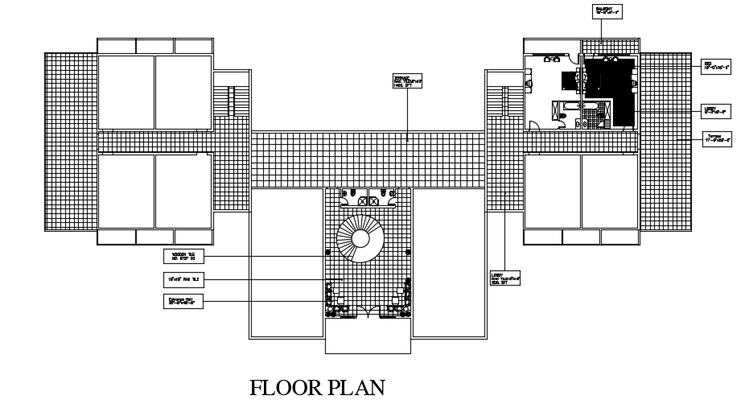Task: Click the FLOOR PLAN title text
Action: pyautogui.click(x=317, y=388)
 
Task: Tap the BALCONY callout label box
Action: pyautogui.click(x=607, y=10)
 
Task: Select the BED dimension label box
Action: pyautogui.click(x=716, y=66)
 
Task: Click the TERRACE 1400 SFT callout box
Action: pyautogui.click(x=407, y=81)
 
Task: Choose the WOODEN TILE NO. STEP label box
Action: pyautogui.click(x=184, y=257)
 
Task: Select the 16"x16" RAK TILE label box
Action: pyautogui.click(x=184, y=279)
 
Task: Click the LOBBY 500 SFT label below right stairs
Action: pyautogui.click(x=505, y=278)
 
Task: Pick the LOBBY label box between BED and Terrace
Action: pyautogui.click(x=716, y=110)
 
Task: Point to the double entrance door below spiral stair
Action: pyautogui.click(x=368, y=313)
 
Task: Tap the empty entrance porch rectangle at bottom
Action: pyautogui.click(x=368, y=336)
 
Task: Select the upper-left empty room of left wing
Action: pyautogui.click(x=126, y=92)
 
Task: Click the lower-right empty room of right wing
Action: pyautogui.click(x=609, y=192)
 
